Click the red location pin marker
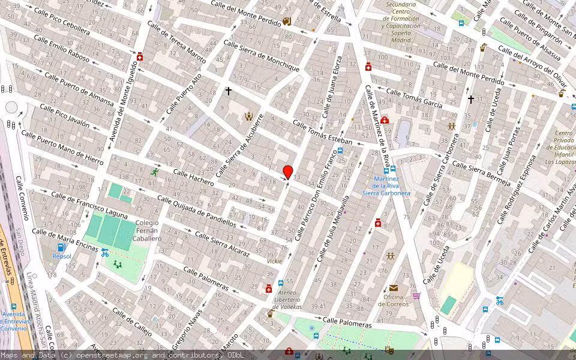point(287,172)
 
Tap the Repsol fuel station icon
point(61,247)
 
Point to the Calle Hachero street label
point(193,177)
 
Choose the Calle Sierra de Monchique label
point(261,56)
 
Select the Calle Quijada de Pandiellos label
point(196,211)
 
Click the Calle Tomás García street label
point(414,98)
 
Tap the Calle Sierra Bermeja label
point(481,173)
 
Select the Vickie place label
point(274,262)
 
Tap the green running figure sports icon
point(155,172)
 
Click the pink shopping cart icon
point(416,296)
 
